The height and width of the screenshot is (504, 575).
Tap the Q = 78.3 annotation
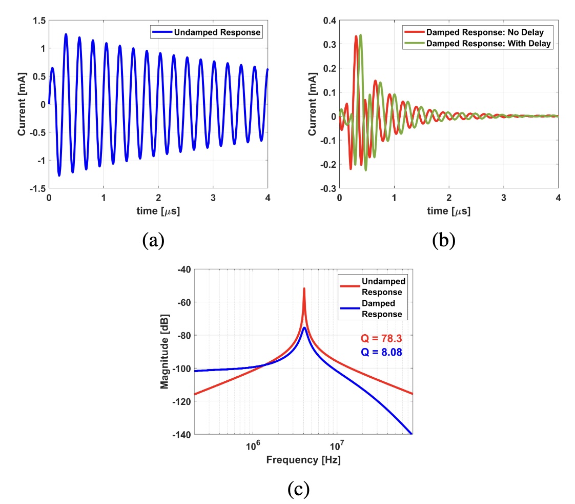coord(380,338)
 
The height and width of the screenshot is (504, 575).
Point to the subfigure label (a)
coord(154,240)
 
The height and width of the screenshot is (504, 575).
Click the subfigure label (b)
coord(444,240)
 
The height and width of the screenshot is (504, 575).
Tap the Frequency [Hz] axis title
coord(303,460)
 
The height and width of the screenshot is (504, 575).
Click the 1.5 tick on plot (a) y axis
coord(39,21)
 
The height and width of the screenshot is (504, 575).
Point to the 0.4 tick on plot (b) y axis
coord(330,21)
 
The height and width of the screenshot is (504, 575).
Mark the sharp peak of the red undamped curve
coord(304,289)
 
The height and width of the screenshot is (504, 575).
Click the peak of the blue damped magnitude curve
coord(304,327)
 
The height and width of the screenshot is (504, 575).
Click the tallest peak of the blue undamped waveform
coord(66,34)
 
